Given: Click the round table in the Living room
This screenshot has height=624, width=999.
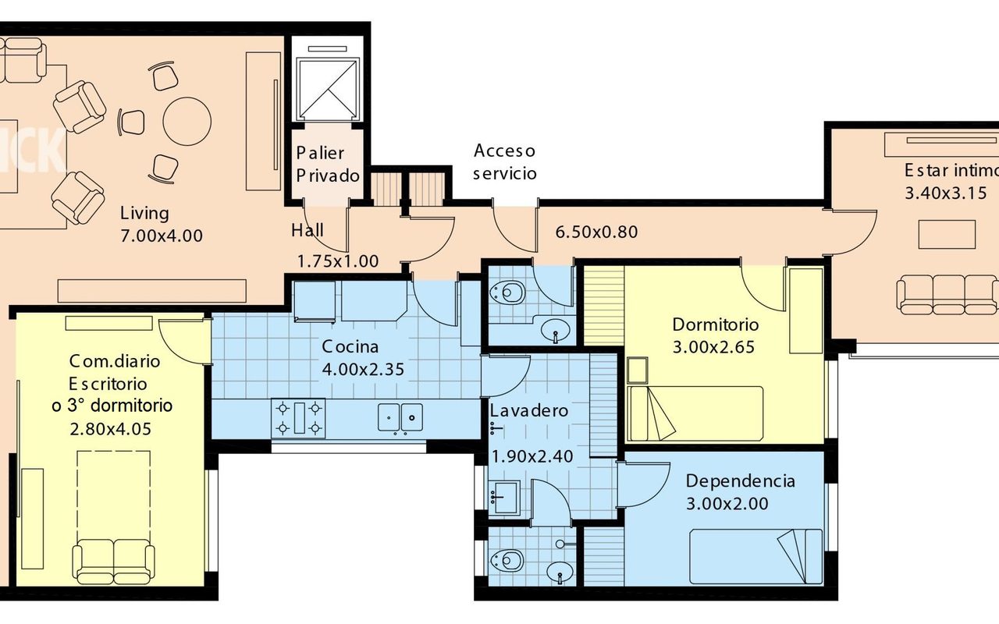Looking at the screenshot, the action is pos(187,121).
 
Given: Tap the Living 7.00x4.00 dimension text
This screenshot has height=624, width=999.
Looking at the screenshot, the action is pos(162,236).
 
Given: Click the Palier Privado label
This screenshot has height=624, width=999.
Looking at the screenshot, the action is pos(328,164).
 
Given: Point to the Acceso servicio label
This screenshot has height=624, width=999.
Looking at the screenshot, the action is pos(504,161).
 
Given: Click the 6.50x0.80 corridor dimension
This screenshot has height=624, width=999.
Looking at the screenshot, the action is pos(596,232).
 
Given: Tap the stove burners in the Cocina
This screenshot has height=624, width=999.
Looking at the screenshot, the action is pos(298,418).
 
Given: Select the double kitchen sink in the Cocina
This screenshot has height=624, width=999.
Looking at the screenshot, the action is pos(400,417).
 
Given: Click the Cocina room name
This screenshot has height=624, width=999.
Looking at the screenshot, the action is pos(350,346).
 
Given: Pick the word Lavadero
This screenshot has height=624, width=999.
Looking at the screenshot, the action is pos(529,410).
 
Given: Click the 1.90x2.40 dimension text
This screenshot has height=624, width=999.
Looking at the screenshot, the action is pos(532,456).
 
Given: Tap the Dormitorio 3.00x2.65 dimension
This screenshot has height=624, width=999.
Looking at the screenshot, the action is pos(713,347).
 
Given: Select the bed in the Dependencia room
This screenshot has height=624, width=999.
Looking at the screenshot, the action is pos(756,556).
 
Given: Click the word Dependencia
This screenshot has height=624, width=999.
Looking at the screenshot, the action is pos(741,481).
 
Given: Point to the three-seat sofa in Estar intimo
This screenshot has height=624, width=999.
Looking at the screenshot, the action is pos(947,295).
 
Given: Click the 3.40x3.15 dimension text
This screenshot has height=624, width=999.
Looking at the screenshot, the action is pos(945,193).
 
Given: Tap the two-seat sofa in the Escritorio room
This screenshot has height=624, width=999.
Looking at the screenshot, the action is pos(113,562).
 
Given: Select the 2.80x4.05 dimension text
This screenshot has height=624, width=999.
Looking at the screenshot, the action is pos(111,429).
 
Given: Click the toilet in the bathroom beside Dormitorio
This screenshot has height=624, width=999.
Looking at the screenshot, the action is pos(507,292).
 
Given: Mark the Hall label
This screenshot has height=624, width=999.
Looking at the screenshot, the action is pos(308,230).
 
